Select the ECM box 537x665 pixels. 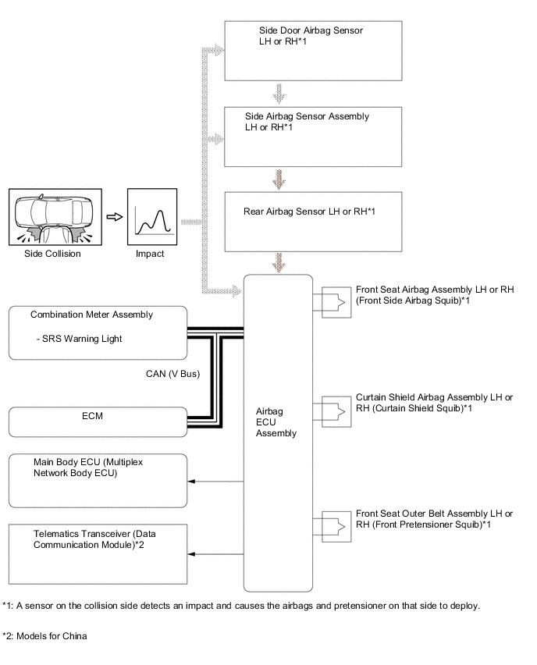[x=98, y=421]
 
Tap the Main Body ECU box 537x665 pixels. [x=98, y=481]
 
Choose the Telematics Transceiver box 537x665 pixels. [x=98, y=552]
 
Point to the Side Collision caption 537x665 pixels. [x=53, y=254]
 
